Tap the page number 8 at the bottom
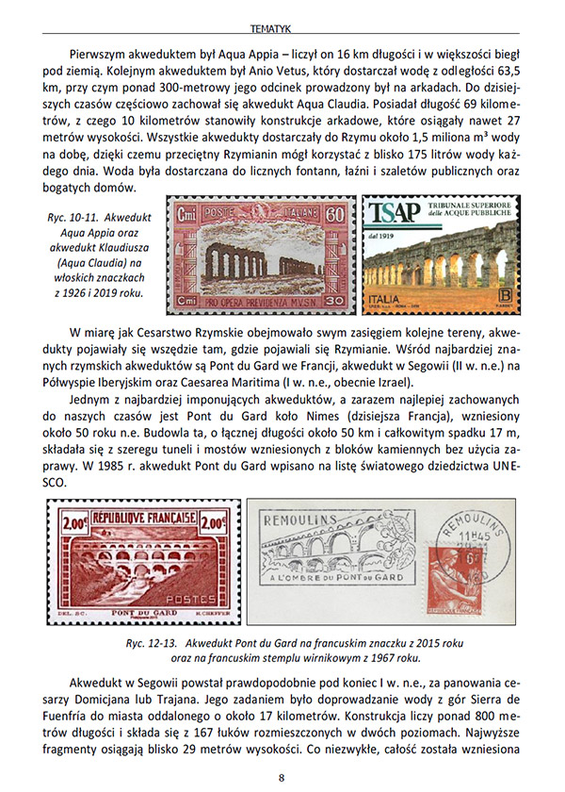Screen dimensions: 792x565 [282, 776]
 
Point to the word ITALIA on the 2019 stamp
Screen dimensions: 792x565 [387, 296]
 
